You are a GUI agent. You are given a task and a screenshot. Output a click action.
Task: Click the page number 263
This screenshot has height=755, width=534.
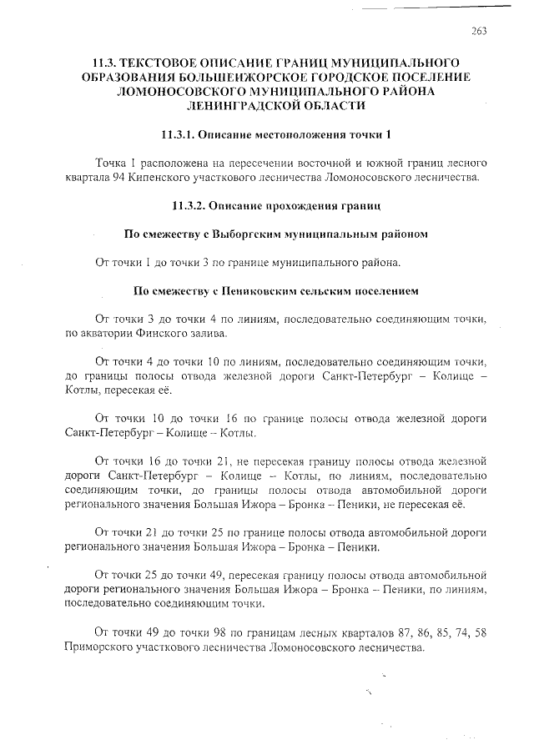coord(478,31)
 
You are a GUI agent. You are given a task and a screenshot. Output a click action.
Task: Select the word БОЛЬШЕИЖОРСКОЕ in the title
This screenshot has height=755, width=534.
coord(249,77)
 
